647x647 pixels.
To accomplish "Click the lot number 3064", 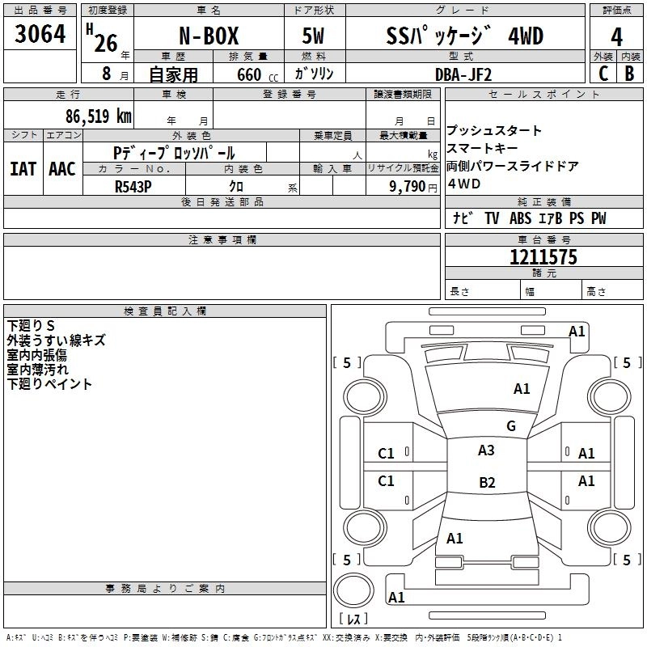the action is (40, 35).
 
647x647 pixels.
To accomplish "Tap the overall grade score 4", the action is (616, 37).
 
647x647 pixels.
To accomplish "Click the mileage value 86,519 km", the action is (98, 116).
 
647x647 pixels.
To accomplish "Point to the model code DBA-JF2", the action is (462, 74).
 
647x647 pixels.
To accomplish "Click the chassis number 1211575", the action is (543, 257).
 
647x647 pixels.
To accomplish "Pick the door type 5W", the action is (314, 37).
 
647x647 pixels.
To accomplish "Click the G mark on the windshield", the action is (510, 426).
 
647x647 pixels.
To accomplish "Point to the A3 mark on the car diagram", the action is (486, 450).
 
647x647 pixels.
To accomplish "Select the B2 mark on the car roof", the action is (487, 483).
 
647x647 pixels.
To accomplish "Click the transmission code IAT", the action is (23, 169).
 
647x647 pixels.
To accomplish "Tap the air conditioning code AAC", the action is (61, 169).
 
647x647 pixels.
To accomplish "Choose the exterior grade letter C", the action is (603, 74).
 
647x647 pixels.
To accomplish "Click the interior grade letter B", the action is (629, 74).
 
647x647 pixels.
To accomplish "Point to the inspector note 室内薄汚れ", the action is (38, 370).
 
